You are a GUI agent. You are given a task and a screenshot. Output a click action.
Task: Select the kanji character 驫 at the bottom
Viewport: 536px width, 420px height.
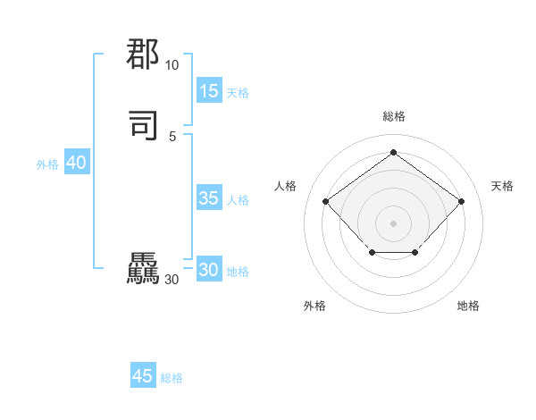coord(143,270)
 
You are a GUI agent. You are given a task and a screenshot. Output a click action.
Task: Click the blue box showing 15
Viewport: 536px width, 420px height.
coord(209,91)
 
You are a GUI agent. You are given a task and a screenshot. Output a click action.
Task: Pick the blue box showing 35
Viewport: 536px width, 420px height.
coord(209,198)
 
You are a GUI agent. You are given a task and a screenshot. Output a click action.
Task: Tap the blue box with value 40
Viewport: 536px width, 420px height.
coord(76,163)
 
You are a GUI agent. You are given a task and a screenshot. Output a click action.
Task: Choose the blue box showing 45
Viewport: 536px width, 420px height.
coord(143,376)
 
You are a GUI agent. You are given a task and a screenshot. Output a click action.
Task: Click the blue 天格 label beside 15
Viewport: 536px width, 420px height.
coord(238,93)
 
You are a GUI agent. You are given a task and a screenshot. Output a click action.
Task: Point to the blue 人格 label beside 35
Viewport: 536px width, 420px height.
coord(238,200)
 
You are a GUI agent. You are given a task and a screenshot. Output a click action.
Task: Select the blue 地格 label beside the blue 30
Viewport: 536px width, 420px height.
coord(238,272)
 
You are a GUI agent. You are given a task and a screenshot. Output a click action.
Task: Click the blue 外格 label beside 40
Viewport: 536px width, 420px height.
coord(47,164)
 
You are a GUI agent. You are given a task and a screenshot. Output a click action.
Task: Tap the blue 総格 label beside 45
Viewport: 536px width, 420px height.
coord(172,378)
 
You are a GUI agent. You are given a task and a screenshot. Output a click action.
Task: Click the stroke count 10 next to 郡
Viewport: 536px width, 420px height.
coord(172,65)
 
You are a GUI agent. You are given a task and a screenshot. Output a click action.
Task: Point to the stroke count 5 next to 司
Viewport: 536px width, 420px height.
coord(172,136)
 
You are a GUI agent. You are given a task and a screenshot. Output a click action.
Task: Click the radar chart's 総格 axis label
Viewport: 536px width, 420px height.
coord(393,116)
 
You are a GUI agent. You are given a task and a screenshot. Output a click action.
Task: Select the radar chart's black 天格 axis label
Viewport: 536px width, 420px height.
coord(502,186)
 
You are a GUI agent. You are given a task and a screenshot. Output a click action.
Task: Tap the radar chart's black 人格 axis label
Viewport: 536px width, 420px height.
coord(286,186)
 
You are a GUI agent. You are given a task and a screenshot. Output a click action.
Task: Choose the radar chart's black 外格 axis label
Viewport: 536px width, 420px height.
coord(314,306)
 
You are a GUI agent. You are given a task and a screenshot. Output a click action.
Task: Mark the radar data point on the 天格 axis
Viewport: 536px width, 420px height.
coord(461,201)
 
